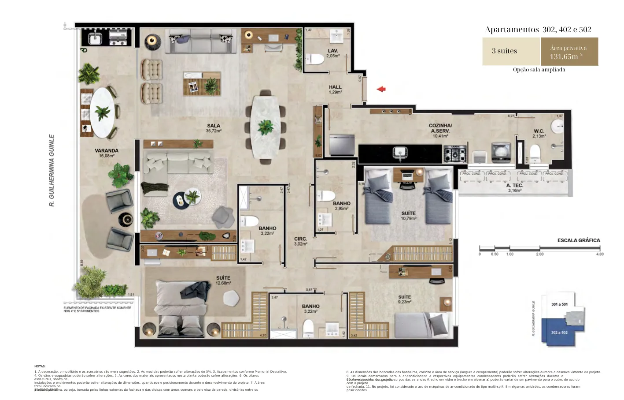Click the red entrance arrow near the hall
coord(381,89)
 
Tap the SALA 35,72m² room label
coord(214,128)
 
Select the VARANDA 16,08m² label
coord(107,153)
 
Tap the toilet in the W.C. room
coord(535,153)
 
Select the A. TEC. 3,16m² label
coord(514,188)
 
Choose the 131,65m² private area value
coord(565,56)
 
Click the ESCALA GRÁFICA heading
coord(578,240)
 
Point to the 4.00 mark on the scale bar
coord(599,254)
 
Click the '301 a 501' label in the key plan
coord(559,304)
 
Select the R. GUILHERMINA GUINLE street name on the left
coord(52,170)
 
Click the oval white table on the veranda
coord(103,112)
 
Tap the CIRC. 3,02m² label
coord(301,241)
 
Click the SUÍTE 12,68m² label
coord(223,280)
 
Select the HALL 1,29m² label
coord(335,90)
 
